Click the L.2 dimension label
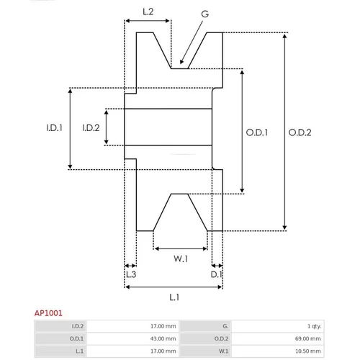[x=148, y=12]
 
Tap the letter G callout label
[x=205, y=14]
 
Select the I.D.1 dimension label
[x=55, y=127]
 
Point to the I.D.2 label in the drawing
[x=91, y=127]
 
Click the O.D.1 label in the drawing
[x=257, y=132]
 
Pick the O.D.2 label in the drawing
[x=300, y=132]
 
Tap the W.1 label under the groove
[x=181, y=258]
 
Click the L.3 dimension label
[x=131, y=274]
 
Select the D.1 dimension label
[x=216, y=274]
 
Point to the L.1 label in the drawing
[x=174, y=297]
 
